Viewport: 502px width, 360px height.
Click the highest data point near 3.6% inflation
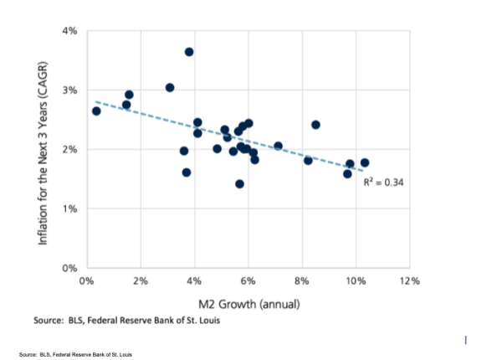coord(189,52)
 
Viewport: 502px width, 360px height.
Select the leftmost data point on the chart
coord(96,111)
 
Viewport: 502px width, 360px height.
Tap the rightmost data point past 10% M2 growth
coord(365,162)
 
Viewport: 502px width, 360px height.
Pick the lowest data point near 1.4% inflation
coord(239,184)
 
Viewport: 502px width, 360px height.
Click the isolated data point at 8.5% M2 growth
coord(315,125)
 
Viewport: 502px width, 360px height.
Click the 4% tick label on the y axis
coord(69,31)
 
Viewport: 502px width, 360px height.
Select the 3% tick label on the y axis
coord(69,90)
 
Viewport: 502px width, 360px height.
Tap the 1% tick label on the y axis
coord(69,208)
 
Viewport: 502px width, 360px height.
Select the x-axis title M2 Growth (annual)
coord(246,302)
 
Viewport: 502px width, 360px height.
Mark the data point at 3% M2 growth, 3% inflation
coord(170,88)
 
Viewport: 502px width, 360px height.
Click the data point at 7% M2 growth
coord(278,146)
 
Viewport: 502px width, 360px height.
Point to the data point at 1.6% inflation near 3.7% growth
coord(187,172)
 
